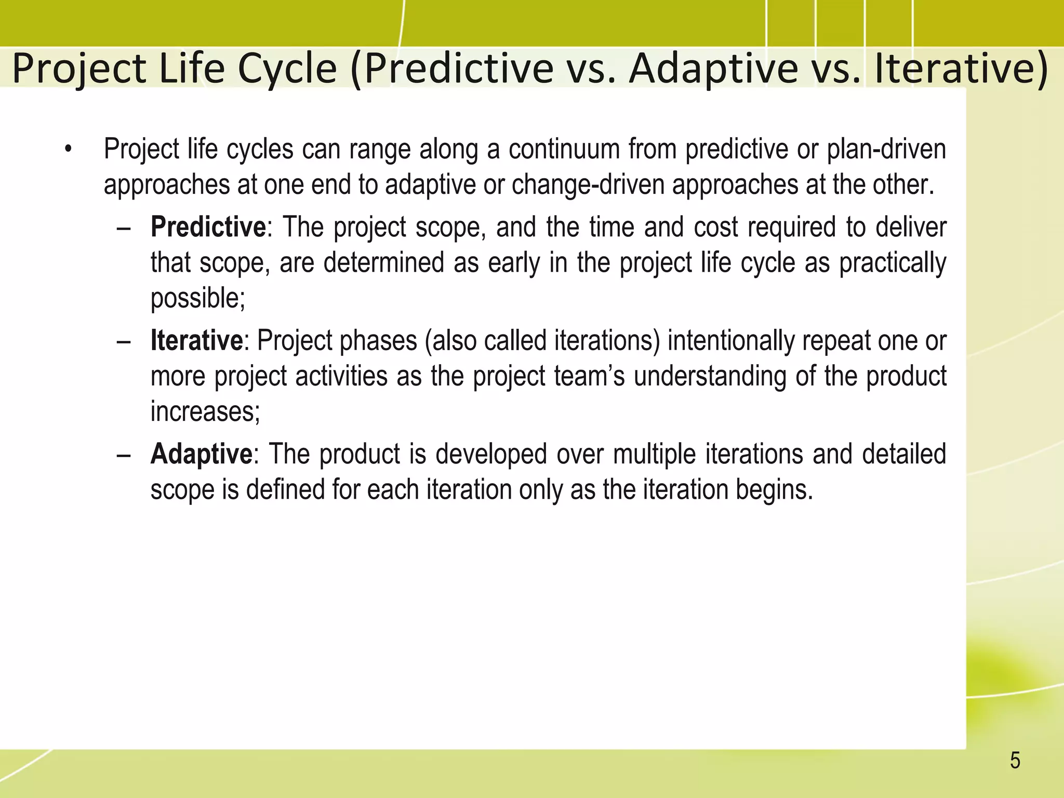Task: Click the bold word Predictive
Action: [208, 228]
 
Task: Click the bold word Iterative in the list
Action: [196, 341]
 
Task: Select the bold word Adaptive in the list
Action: [201, 454]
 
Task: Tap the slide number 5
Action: [1015, 761]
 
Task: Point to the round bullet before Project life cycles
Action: [68, 150]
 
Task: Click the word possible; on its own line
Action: [197, 298]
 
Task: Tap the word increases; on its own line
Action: [205, 411]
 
